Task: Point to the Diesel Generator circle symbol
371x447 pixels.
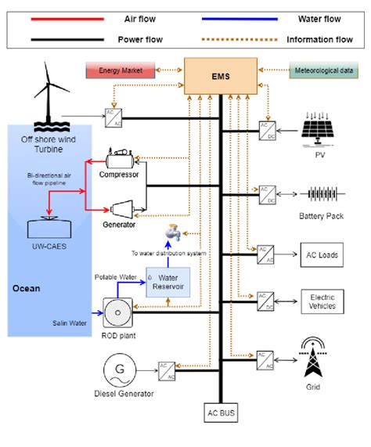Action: tap(121, 368)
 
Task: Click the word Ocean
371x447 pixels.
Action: tap(26, 288)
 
